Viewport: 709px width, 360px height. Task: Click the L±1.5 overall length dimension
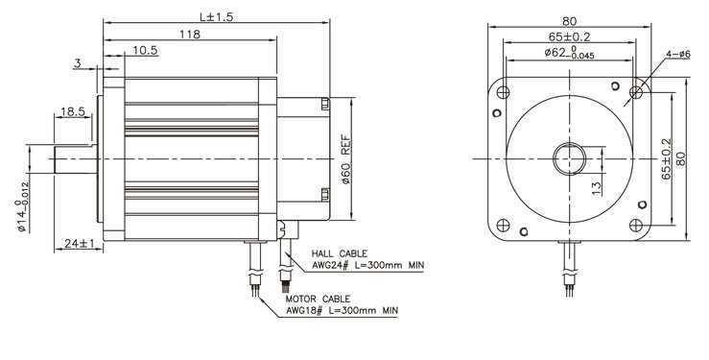tap(216, 16)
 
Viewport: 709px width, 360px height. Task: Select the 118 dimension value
tap(190, 35)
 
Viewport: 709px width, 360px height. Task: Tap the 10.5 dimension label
tap(145, 50)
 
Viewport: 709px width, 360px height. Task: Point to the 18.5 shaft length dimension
tap(73, 111)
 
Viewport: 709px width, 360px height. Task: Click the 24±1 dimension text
tap(79, 243)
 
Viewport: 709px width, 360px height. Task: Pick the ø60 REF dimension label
tap(346, 159)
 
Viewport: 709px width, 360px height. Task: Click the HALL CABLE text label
tap(340, 254)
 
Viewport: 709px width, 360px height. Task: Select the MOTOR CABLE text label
tap(318, 300)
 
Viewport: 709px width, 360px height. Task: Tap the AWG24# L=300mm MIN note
tap(368, 266)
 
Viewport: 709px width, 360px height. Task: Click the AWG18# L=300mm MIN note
tap(342, 311)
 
